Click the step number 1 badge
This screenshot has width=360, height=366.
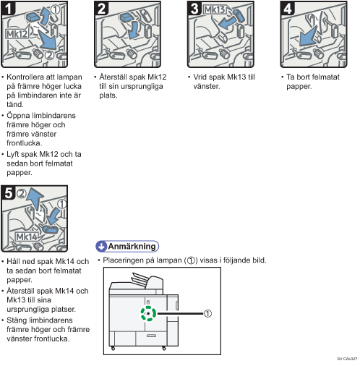point(8,8)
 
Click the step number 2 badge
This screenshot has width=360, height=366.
point(101,8)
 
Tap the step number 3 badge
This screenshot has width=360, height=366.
point(194,8)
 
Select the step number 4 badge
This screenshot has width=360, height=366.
point(288,8)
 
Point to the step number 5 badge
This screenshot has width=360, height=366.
point(8,192)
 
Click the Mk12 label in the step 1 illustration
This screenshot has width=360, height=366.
point(17,34)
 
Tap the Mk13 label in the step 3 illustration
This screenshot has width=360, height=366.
point(215,9)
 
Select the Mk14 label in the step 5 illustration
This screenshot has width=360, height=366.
point(27,237)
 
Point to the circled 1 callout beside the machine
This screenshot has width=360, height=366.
point(207,313)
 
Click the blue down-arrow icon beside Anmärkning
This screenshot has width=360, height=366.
point(101,246)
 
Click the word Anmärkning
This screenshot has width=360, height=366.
point(132,246)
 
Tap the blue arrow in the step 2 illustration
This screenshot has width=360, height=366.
point(133,29)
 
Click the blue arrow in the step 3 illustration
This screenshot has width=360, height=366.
point(226,23)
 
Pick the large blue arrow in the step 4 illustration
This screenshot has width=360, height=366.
point(309,37)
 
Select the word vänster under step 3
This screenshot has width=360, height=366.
point(207,86)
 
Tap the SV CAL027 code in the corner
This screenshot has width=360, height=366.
point(347,359)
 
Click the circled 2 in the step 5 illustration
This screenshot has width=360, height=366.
point(22,193)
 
